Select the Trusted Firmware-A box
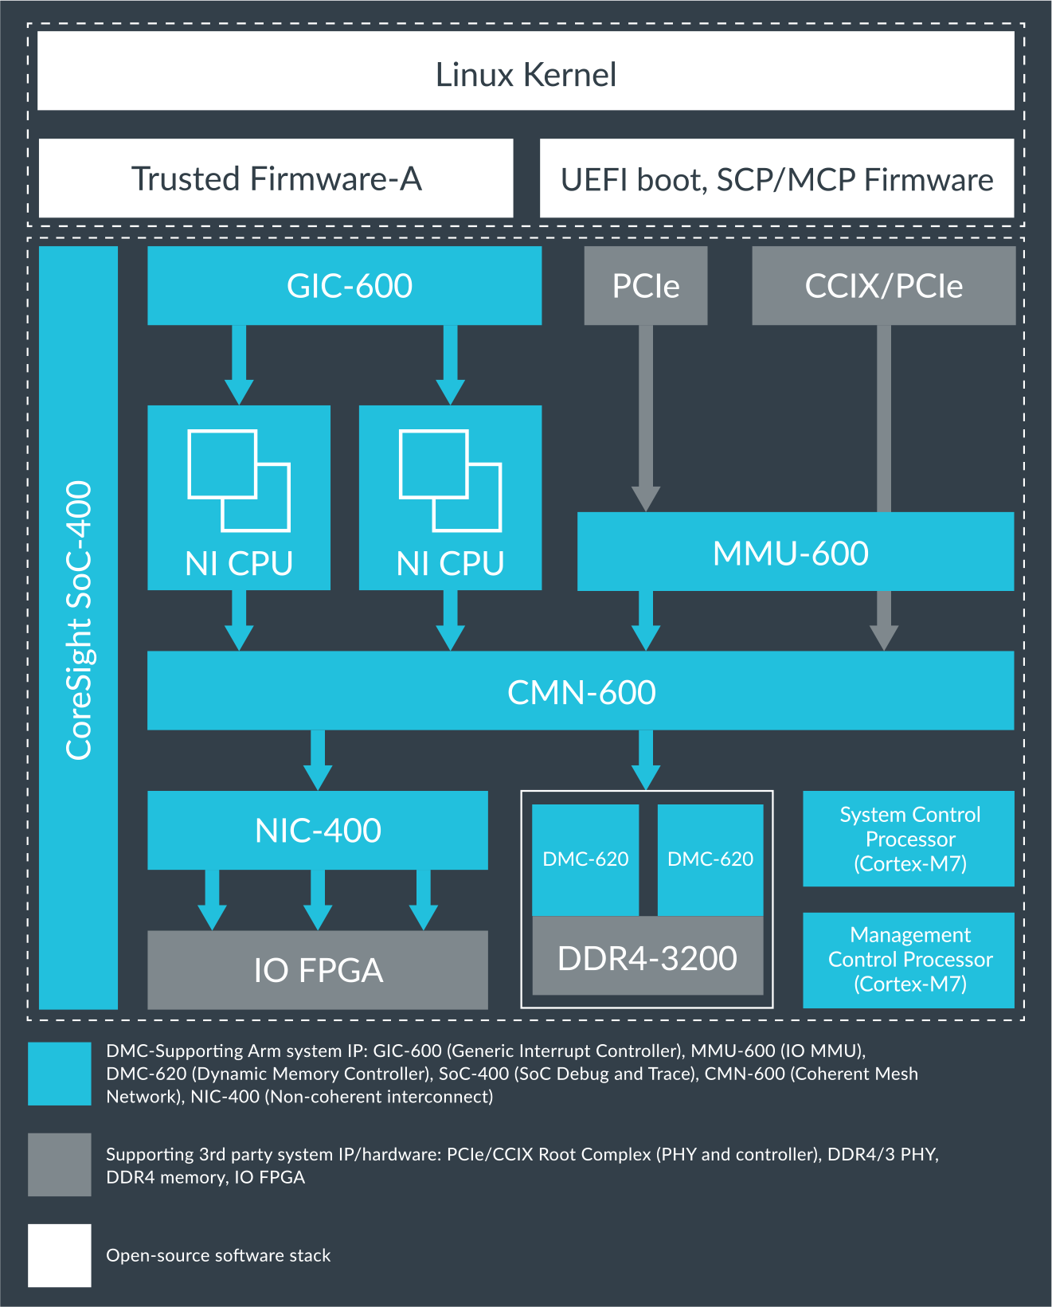pyautogui.click(x=276, y=178)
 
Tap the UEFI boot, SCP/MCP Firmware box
pyautogui.click(x=776, y=178)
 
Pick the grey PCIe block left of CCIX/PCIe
pyautogui.click(x=645, y=285)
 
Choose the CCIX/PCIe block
pyautogui.click(x=883, y=285)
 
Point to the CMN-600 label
pyautogui.click(x=581, y=691)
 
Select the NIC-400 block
pyautogui.click(x=317, y=830)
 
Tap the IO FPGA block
pyautogui.click(x=317, y=970)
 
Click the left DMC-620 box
pyautogui.click(x=585, y=859)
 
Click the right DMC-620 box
pyautogui.click(x=710, y=859)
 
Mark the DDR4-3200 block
pyautogui.click(x=647, y=957)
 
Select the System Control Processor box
pyautogui.click(x=909, y=839)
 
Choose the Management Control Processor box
pyautogui.click(x=909, y=960)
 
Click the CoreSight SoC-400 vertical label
pyautogui.click(x=79, y=621)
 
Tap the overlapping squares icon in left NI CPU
pyautogui.click(x=239, y=480)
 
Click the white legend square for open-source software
pyautogui.click(x=60, y=1255)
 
